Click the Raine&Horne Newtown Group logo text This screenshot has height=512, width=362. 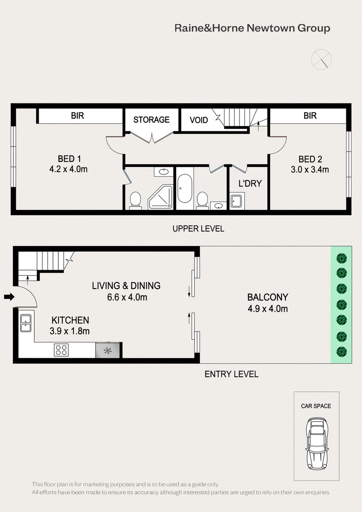(x=252, y=28)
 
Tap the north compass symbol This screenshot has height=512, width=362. (x=321, y=59)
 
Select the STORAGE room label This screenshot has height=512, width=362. (x=151, y=120)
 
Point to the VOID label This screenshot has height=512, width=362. (x=199, y=120)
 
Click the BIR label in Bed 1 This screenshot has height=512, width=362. (x=77, y=116)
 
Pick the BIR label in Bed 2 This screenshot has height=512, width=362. (x=310, y=116)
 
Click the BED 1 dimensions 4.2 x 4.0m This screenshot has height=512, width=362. (x=69, y=169)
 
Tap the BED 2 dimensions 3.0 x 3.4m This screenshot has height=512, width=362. (x=310, y=170)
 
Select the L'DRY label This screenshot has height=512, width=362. (x=250, y=184)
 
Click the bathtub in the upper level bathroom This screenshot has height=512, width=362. (x=185, y=189)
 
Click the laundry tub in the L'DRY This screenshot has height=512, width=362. (x=237, y=201)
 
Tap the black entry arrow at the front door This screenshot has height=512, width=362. (x=9, y=297)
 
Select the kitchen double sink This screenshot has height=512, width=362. (x=26, y=323)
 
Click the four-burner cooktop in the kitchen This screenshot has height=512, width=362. (x=62, y=350)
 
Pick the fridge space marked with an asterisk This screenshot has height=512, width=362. (x=108, y=351)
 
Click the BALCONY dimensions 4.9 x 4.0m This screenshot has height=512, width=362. (x=267, y=308)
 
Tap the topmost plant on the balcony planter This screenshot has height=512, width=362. (x=342, y=258)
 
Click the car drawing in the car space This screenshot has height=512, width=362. (x=316, y=443)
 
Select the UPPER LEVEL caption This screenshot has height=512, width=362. (x=198, y=228)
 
